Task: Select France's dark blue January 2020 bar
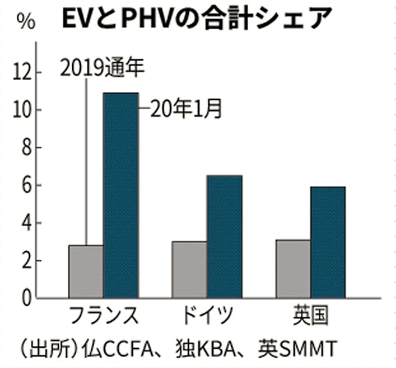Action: coord(121,195)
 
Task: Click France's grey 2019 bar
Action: coord(86,271)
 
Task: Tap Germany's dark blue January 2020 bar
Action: coord(224,236)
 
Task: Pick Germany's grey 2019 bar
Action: coord(189,269)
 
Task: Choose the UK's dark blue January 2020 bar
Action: coord(327,242)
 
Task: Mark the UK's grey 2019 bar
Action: coord(293,269)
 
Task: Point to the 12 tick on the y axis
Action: coord(23,73)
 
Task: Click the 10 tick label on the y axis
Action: coord(23,110)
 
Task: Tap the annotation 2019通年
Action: coord(102,69)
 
